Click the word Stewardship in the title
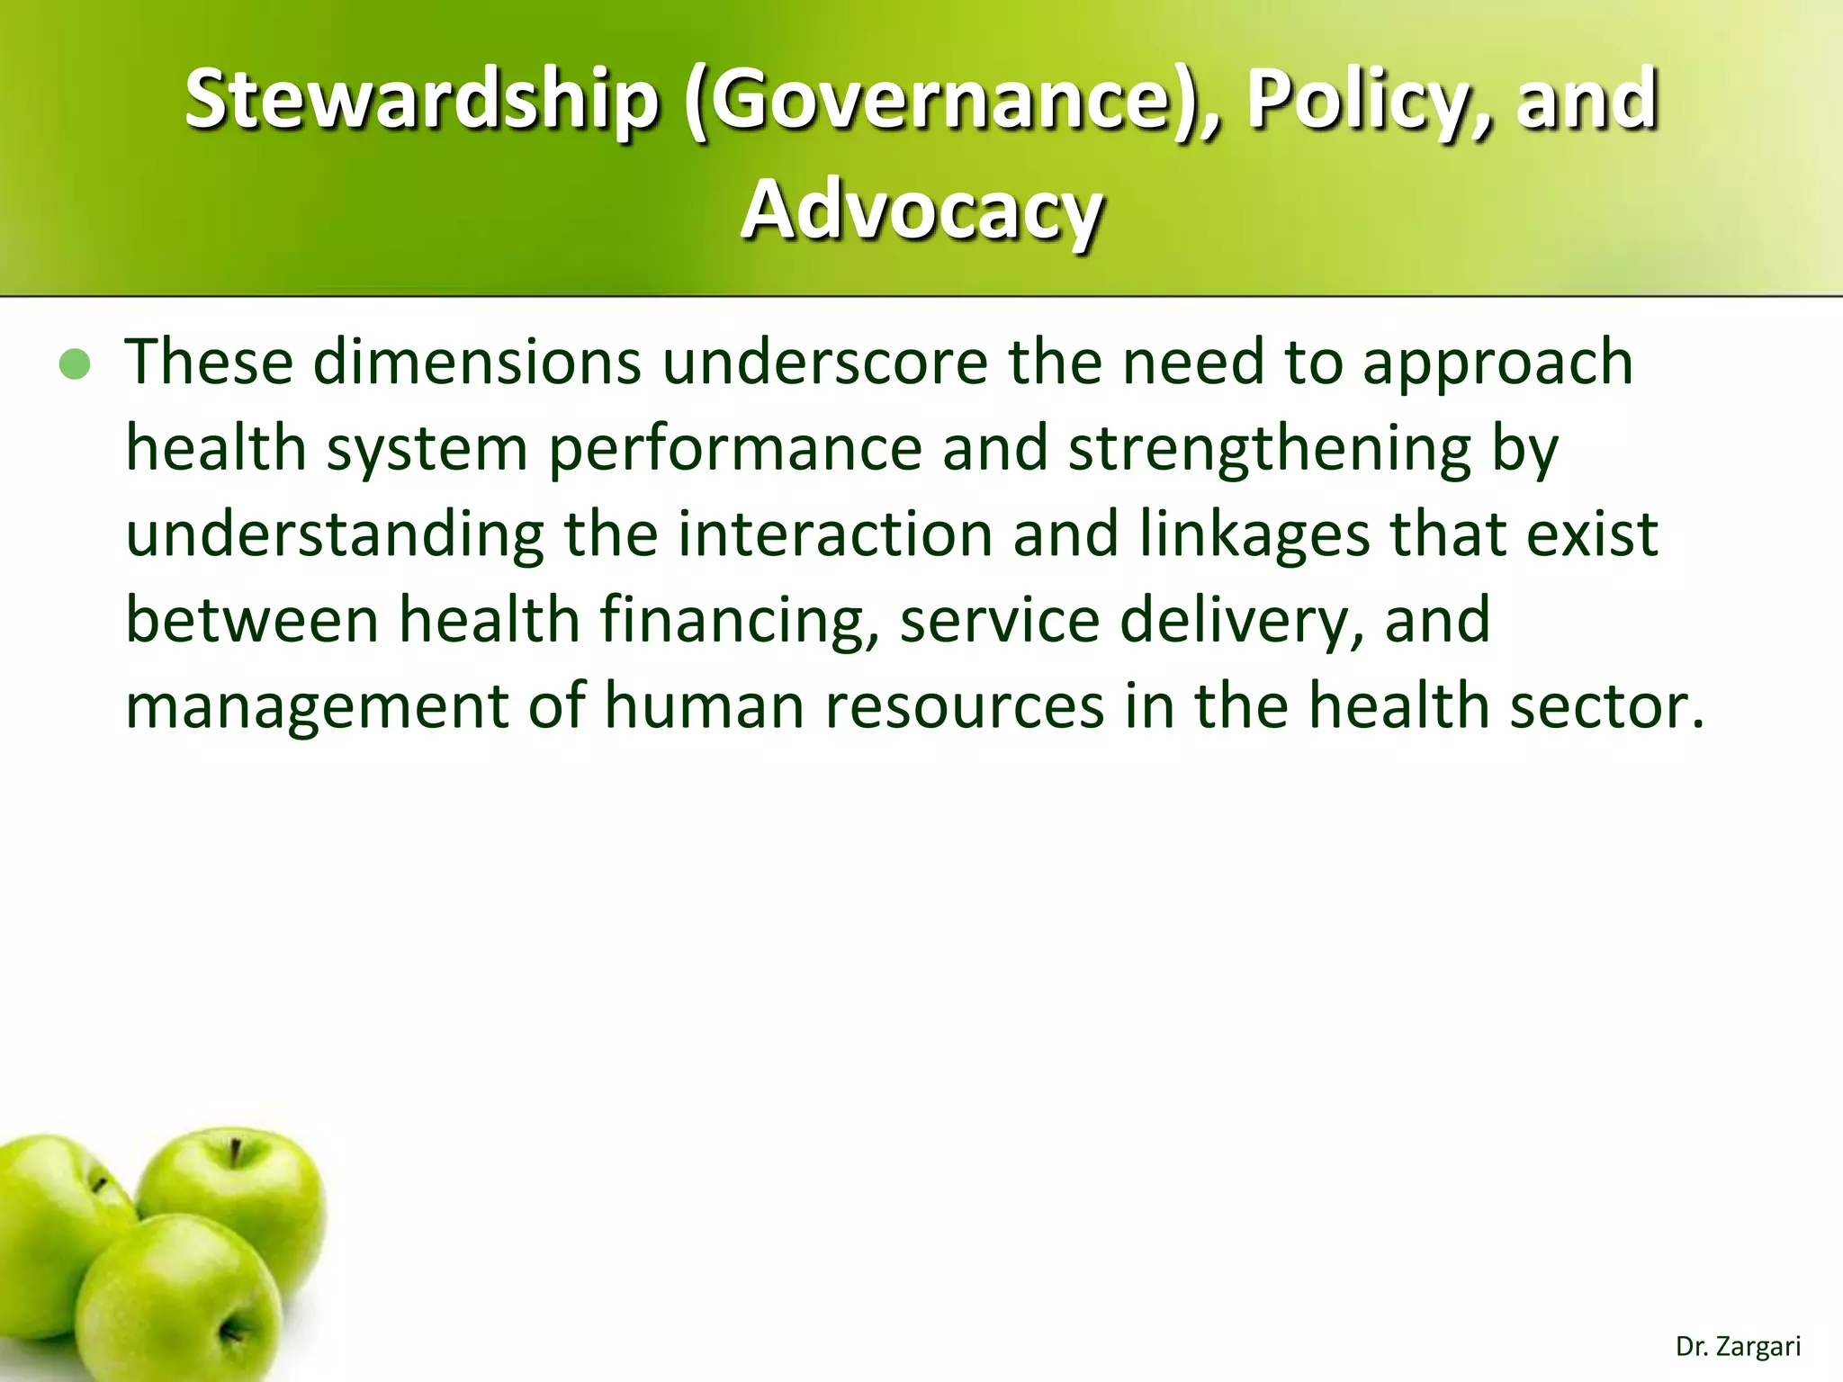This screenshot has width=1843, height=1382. (x=422, y=99)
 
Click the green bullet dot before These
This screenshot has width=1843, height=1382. (x=76, y=365)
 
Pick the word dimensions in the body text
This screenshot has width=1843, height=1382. (x=477, y=362)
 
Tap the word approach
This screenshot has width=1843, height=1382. (x=1497, y=362)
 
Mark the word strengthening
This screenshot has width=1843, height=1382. (x=1270, y=448)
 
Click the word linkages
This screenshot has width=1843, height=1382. (x=1254, y=534)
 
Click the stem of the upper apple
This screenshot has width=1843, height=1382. (x=236, y=1153)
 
